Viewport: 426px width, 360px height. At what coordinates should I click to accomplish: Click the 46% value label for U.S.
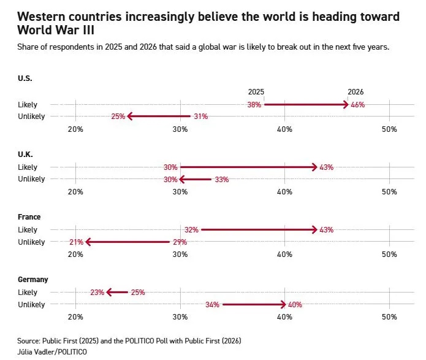point(357,105)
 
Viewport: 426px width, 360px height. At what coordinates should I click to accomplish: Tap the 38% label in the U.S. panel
point(254,105)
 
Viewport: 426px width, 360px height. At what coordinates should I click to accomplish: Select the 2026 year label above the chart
point(356,92)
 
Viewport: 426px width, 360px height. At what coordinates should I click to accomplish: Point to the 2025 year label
point(256,92)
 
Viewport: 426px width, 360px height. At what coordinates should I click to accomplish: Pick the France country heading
point(29,217)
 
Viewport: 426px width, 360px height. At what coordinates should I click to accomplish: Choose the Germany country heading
point(33,280)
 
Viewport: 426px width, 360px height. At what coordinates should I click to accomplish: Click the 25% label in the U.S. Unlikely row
point(118,117)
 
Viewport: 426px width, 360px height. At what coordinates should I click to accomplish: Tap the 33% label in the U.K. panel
point(222,180)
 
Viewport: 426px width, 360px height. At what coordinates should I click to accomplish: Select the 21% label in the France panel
point(76,242)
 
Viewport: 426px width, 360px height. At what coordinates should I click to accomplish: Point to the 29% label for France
point(180,242)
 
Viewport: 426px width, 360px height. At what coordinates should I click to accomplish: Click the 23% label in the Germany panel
point(97,293)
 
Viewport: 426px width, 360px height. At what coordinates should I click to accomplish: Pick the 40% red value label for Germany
point(295,305)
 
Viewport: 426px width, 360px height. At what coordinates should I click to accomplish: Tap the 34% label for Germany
point(213,305)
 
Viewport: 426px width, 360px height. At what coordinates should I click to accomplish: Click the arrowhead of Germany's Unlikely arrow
point(284,305)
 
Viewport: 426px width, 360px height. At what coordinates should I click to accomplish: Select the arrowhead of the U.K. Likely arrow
point(315,167)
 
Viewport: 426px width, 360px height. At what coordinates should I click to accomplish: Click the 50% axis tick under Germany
point(389,317)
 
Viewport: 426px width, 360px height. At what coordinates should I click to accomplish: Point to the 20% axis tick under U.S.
point(75,129)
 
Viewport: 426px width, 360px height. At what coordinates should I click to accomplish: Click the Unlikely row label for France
point(31,242)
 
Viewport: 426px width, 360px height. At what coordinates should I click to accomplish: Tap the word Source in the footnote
point(28,340)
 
